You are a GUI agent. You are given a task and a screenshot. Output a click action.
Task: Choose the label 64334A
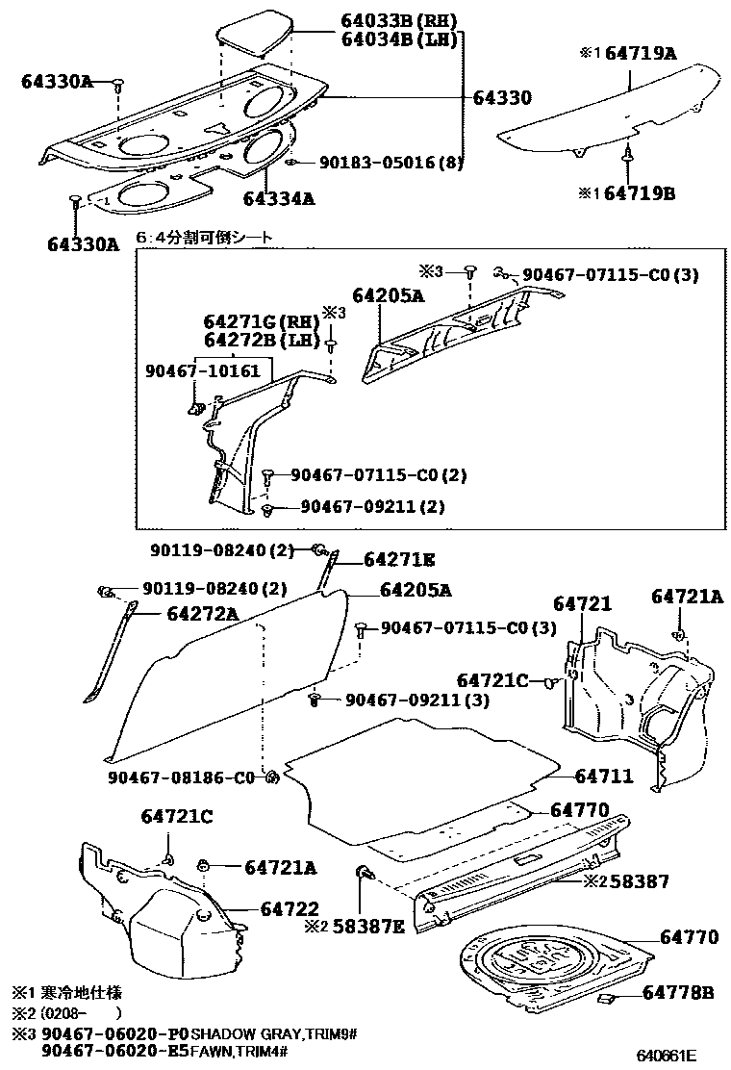[279, 199]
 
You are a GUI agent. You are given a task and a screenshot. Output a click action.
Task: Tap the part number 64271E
[399, 559]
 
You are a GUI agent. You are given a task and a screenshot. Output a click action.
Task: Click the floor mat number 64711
[605, 775]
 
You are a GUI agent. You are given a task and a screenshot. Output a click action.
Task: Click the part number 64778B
[678, 991]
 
